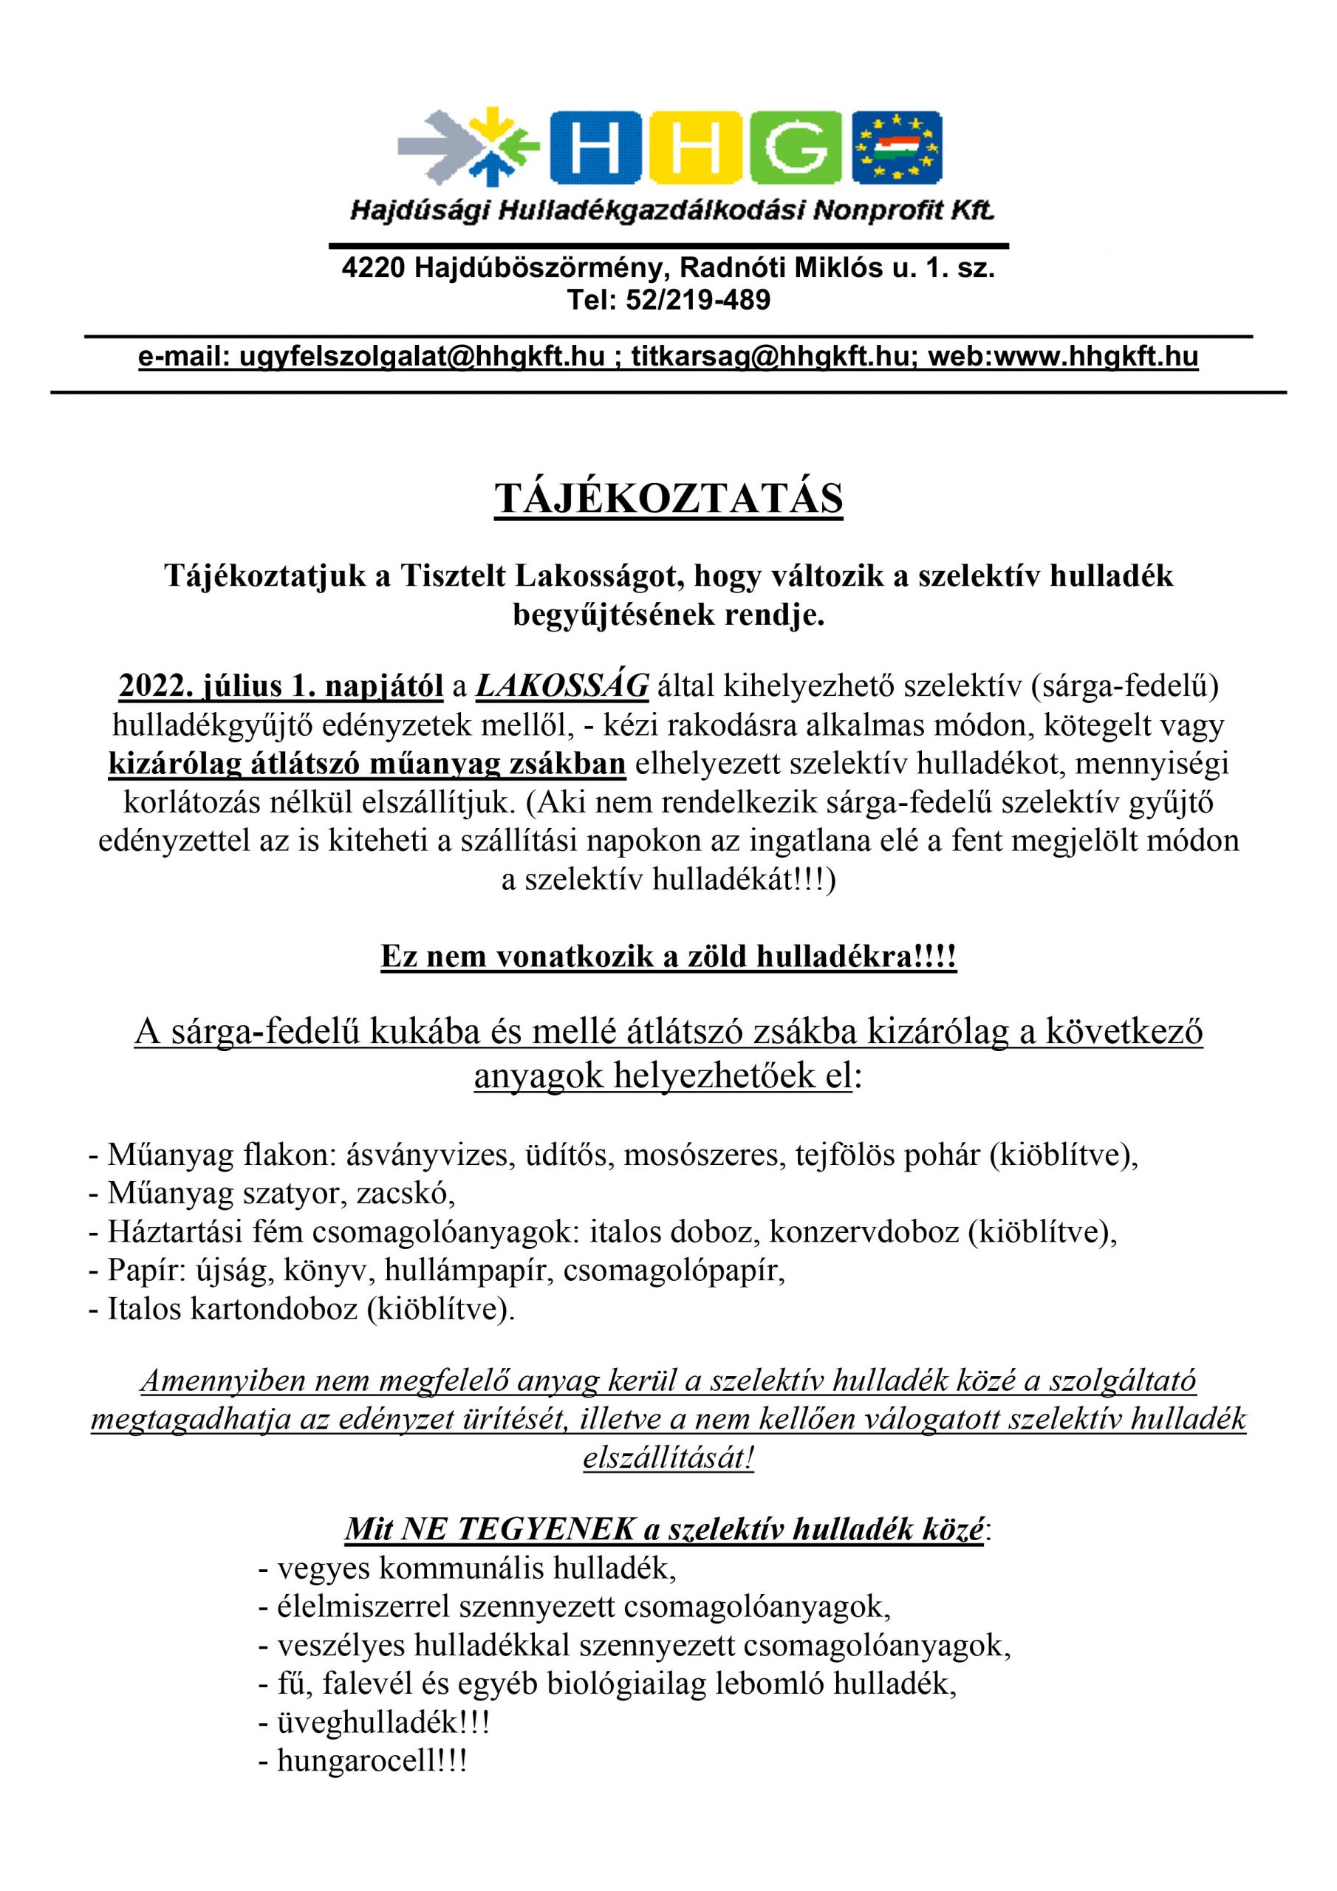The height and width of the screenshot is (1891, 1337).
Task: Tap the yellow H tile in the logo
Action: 696,146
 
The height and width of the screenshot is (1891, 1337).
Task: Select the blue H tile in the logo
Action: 596,146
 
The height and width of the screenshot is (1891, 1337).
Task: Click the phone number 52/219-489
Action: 698,300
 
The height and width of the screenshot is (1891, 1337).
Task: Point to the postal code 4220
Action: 372,268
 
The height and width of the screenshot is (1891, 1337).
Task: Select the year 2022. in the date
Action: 151,686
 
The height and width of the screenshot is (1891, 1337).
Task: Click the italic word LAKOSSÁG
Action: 562,686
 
